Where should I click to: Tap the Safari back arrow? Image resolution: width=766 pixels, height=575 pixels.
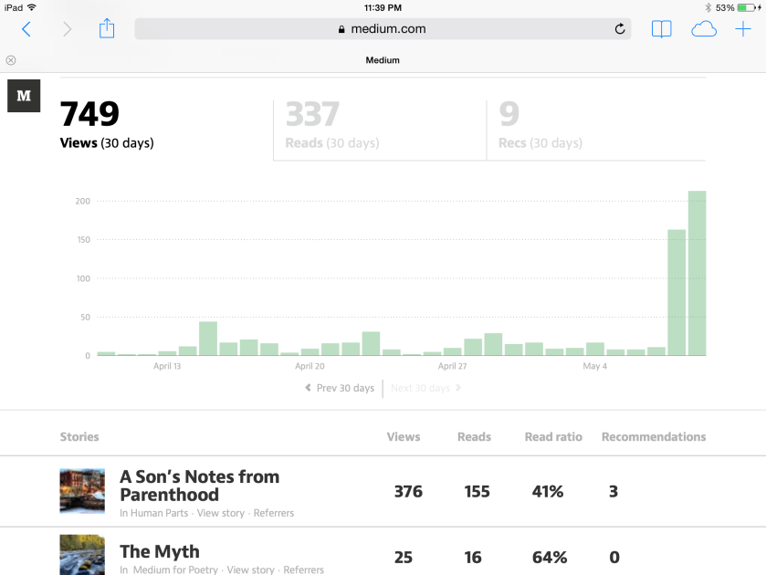point(26,29)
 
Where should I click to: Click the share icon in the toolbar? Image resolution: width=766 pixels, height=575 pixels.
point(107,29)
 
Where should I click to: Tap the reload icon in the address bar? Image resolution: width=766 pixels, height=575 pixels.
point(620,29)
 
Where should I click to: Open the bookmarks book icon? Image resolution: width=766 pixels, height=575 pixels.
point(661,29)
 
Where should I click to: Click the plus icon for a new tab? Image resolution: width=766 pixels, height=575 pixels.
point(743,29)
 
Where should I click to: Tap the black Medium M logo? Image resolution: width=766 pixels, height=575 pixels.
point(24,96)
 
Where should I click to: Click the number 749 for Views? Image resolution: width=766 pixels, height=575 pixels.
point(89,114)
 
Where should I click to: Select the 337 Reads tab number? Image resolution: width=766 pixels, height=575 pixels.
point(312,114)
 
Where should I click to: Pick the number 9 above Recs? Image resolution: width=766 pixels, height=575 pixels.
point(509,114)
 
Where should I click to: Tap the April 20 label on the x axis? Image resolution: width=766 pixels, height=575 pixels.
point(310,366)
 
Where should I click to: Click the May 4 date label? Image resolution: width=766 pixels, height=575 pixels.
point(594,366)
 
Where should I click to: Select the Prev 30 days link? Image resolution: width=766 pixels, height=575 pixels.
point(340,388)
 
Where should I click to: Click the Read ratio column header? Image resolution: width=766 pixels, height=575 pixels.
point(553,437)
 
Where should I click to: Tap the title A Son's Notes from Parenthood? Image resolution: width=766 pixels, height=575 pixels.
point(199,486)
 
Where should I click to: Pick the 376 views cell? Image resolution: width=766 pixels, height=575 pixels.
point(408,492)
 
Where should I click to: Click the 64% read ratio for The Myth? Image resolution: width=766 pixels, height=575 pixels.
point(549,558)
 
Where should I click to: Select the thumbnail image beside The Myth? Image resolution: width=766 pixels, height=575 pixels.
point(82,555)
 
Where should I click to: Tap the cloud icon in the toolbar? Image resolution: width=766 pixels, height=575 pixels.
point(703,29)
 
